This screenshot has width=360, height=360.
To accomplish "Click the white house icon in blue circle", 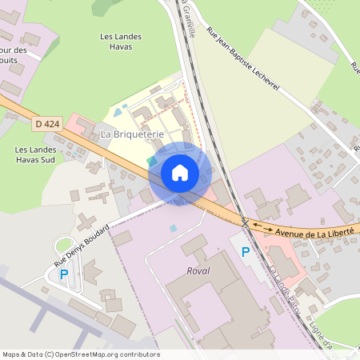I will point(180,173).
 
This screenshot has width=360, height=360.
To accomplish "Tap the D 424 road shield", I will point(46,123).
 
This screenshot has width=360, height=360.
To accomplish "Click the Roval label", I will point(198,271).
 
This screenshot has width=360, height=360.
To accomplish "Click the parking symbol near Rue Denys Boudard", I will point(64,274).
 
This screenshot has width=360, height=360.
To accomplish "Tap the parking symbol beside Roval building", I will point(246,252).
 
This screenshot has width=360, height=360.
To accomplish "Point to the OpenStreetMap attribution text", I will point(80,354).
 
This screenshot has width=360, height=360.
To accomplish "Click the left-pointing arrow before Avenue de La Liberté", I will point(256,226).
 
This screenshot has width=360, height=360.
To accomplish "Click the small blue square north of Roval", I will point(173,229).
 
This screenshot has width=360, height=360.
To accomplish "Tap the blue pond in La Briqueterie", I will point(119,113).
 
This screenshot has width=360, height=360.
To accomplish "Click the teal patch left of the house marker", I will point(152,162).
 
